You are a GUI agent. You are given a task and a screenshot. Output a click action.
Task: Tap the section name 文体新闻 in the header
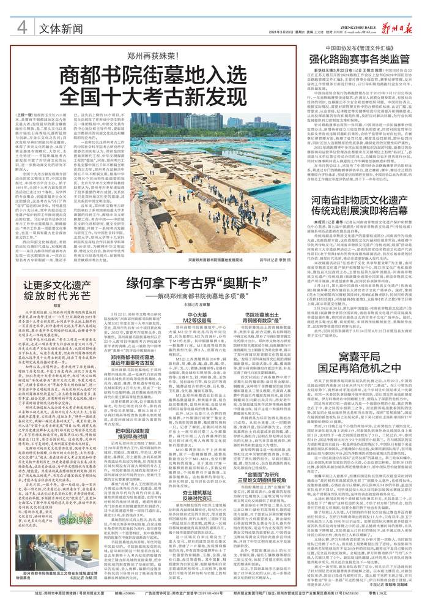tap(59, 28)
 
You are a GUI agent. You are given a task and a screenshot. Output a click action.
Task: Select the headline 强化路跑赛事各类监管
tap(358, 60)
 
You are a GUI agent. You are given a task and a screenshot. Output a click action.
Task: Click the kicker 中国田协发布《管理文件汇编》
tap(358, 47)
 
